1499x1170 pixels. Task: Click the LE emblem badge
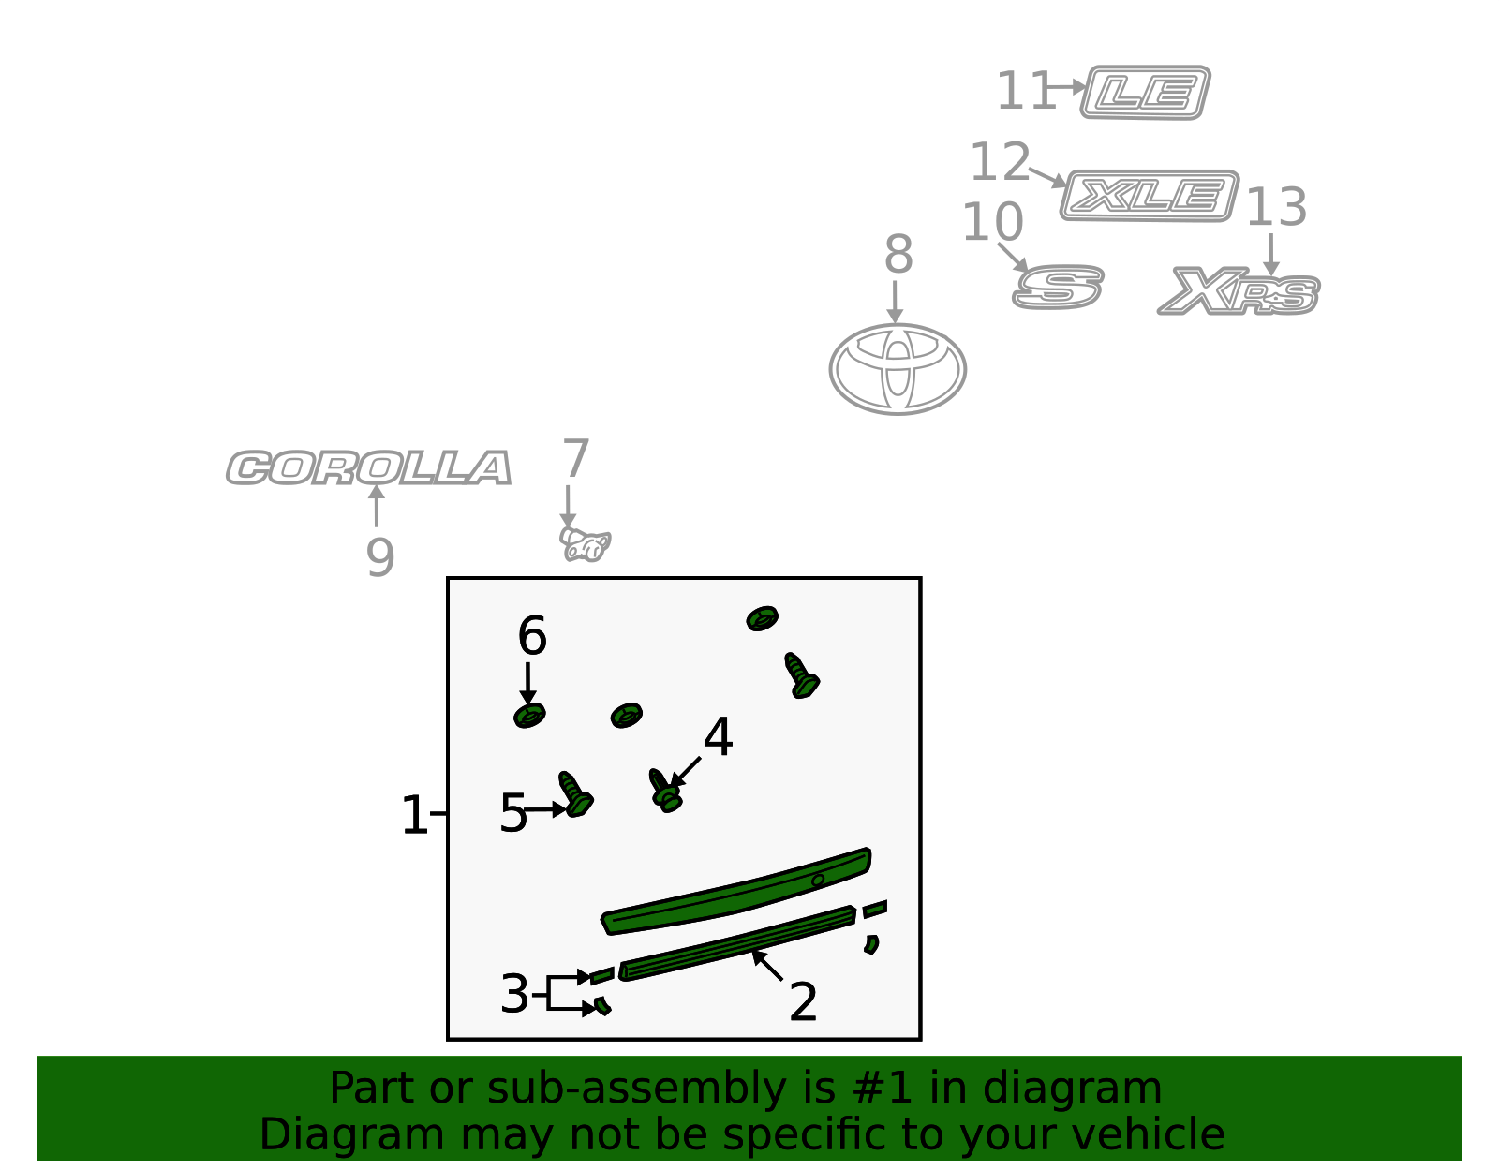tap(1145, 93)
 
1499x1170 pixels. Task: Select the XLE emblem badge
tap(1150, 196)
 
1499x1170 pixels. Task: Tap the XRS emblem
tap(1239, 291)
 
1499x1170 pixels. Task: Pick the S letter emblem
tap(1058, 287)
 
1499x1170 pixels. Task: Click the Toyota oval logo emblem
tap(898, 369)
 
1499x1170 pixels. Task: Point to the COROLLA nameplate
tap(369, 467)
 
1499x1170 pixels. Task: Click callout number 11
tap(1026, 91)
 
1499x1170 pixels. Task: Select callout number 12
tap(1001, 162)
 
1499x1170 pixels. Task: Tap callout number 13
tap(1276, 207)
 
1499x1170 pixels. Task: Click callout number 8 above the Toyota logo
tap(898, 254)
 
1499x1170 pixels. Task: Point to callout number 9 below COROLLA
tap(380, 557)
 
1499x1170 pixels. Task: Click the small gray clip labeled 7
tap(585, 544)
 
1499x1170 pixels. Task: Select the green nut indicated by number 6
tap(529, 716)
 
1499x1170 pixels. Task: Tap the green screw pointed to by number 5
tap(575, 794)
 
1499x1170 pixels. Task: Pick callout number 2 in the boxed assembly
tap(803, 1001)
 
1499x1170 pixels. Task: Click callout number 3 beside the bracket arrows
tap(514, 994)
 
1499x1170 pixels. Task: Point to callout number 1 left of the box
tap(414, 815)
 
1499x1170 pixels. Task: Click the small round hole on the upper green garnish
tap(818, 881)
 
